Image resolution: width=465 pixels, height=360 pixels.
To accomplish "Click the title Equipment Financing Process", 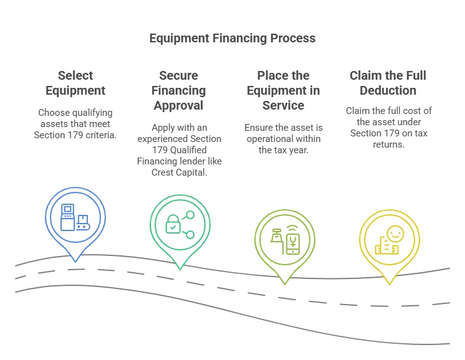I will [x=232, y=38].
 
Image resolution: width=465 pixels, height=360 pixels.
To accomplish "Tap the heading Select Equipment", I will [x=75, y=83].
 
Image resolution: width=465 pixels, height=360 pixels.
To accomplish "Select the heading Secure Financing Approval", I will [x=179, y=90].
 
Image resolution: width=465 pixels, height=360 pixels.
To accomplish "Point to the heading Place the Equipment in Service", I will [x=284, y=90].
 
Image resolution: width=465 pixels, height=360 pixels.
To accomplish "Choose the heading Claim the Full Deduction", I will [x=388, y=83].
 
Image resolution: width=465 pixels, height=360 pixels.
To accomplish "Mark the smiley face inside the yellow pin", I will [x=395, y=234].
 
